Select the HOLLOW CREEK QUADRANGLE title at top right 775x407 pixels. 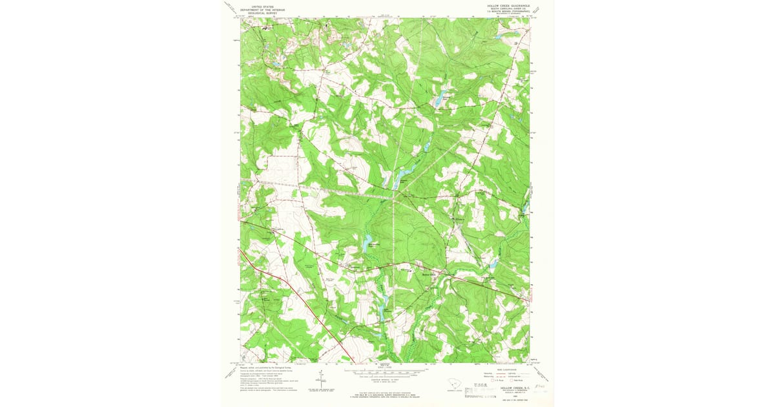tap(508, 4)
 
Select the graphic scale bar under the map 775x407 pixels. tap(385, 371)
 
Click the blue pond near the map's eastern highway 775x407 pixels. tap(494, 264)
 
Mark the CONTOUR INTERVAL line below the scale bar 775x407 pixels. tap(385, 379)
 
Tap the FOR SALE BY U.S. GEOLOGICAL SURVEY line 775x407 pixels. tap(385, 395)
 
